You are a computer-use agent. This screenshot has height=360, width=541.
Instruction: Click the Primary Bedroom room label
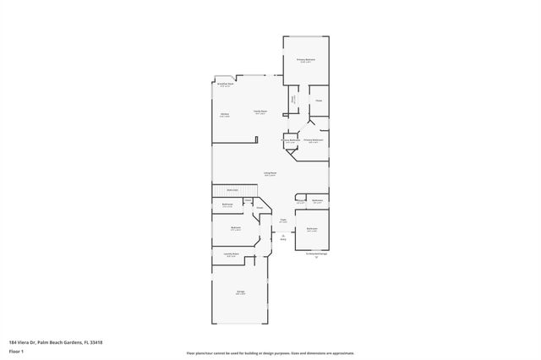point(305,60)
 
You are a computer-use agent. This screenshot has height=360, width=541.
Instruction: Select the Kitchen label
point(225,115)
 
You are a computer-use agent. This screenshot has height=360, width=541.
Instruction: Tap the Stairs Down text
point(232,190)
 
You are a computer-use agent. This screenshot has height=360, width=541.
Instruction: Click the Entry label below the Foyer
point(284,237)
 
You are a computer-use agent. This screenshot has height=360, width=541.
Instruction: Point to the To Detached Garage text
point(316,253)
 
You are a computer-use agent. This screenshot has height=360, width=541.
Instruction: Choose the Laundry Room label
point(231,254)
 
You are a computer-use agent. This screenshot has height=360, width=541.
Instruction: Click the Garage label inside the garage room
point(241,292)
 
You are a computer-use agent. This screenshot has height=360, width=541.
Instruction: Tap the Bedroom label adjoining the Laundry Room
point(236,228)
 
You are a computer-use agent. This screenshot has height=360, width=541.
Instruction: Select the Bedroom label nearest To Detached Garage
point(312,229)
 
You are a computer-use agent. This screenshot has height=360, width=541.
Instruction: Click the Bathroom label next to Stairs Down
point(227,205)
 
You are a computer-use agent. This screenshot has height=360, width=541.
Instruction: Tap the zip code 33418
point(105,343)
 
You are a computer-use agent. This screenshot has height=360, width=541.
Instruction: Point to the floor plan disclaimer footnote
point(270,353)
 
